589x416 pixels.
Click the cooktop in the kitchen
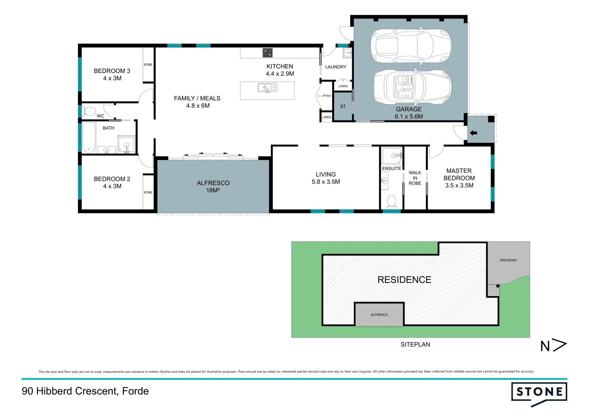pos(268,53)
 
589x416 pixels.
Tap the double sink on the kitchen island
pos(268,88)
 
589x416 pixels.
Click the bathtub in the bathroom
pos(89,137)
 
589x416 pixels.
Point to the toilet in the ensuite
pos(391,201)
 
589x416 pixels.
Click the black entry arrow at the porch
pos(473,133)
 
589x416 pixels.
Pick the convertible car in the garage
pos(412,88)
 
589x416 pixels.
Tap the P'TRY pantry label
pos(327,96)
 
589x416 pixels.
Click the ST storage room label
pos(343,106)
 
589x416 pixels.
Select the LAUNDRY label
pos(336,67)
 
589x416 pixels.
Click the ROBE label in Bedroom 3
pos(148,65)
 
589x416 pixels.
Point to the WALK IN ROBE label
pos(415,178)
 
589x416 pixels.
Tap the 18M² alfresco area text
pos(213,190)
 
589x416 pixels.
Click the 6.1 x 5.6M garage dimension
pos(409,116)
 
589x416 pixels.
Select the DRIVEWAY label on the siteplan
pos(508,260)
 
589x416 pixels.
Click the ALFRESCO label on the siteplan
pos(379,315)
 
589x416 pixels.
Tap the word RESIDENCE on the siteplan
pos(404,280)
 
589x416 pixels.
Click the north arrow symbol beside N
pos(559,345)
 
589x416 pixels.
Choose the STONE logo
pos(539,394)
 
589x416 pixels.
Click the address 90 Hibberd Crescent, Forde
pos(85,391)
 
